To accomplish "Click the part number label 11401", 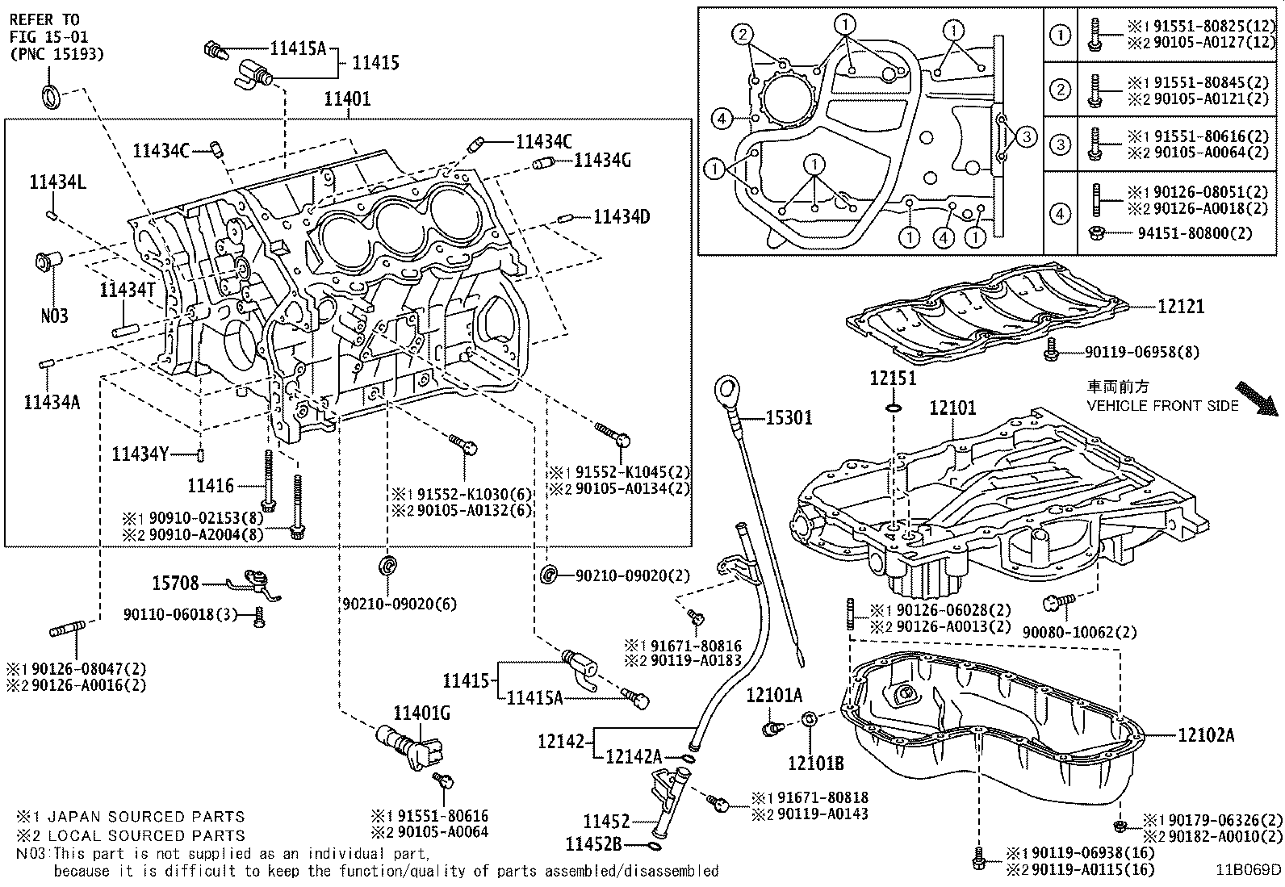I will click(347, 99).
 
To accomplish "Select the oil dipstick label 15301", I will click(789, 417).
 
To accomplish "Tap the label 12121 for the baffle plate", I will click(1180, 306).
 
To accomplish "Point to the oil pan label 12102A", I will click(1206, 734).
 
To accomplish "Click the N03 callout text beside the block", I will click(54, 316).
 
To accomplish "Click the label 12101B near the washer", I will click(815, 762).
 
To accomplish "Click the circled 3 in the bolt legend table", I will click(1059, 145).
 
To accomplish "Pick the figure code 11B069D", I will click(1249, 869).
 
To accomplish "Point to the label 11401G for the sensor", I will click(421, 713).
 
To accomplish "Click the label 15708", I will click(176, 582).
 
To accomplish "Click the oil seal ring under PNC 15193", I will click(50, 95).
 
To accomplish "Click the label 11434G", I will click(602, 161).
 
